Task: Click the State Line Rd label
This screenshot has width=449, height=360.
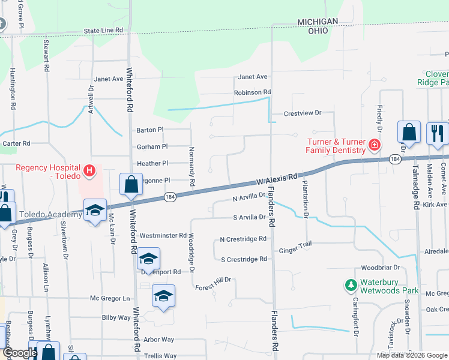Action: click(103, 30)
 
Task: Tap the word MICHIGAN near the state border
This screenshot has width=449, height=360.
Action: click(318, 22)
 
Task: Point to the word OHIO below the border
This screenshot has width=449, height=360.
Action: click(317, 31)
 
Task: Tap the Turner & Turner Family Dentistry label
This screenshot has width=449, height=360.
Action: click(336, 146)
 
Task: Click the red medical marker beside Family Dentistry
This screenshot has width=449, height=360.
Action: click(374, 145)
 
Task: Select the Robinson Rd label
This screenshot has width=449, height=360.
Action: click(253, 92)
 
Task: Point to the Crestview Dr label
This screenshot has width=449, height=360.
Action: click(303, 113)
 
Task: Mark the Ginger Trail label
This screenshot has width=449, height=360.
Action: click(295, 251)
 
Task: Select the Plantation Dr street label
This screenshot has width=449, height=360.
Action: click(306, 198)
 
